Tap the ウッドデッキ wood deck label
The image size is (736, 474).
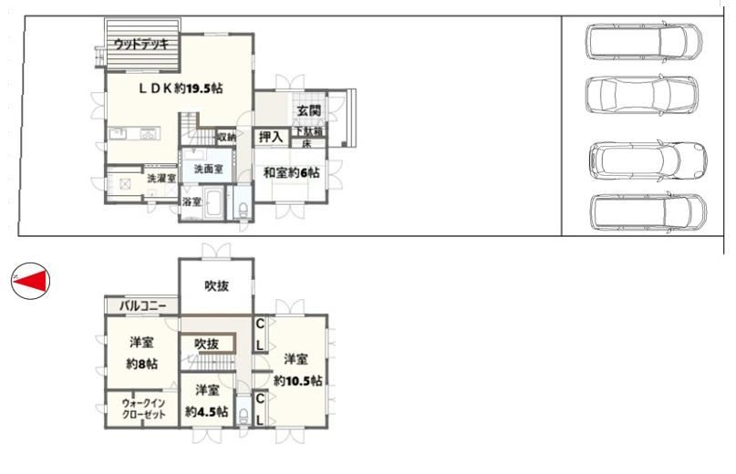pyautogui.click(x=141, y=45)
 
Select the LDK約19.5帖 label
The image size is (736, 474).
pyautogui.click(x=181, y=88)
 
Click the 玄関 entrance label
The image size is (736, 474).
pyautogui.click(x=308, y=111)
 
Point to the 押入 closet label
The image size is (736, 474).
pyautogui.click(x=271, y=137)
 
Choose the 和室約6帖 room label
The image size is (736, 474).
pyautogui.click(x=292, y=172)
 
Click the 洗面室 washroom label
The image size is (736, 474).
pyautogui.click(x=209, y=169)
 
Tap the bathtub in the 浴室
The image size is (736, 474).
pyautogui.click(x=213, y=202)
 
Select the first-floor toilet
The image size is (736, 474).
pyautogui.click(x=244, y=208)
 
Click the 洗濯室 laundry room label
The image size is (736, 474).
pyautogui.click(x=161, y=179)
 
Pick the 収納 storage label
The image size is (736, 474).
pyautogui.click(x=226, y=138)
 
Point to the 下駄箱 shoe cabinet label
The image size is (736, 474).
pyautogui.click(x=308, y=131)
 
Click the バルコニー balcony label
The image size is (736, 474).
pyautogui.click(x=142, y=306)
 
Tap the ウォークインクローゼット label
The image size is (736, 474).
pyautogui.click(x=143, y=408)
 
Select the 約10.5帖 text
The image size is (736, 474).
pyautogui.click(x=297, y=381)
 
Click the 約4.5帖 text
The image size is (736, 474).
pyautogui.click(x=206, y=412)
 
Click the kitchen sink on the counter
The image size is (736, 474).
pyautogui.click(x=118, y=134)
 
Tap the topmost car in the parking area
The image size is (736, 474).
pyautogui.click(x=644, y=41)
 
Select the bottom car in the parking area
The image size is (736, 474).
pyautogui.click(x=648, y=211)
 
